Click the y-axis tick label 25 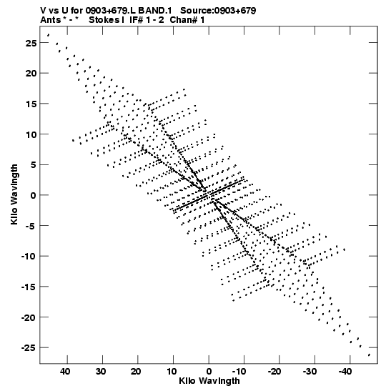pyautogui.click(x=31, y=43)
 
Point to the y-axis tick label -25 pyautogui.click(x=29, y=348)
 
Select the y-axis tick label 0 pyautogui.click(x=34, y=196)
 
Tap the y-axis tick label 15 pyautogui.click(x=31, y=104)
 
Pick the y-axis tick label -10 pyautogui.click(x=29, y=257)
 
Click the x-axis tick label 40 pyautogui.click(x=65, y=372)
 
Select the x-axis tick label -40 pyautogui.click(x=345, y=372)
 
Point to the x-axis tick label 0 pyautogui.click(x=209, y=372)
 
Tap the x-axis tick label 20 pyautogui.click(x=136, y=372)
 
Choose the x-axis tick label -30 pyautogui.click(x=310, y=372)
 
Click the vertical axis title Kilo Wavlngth pyautogui.click(x=14, y=194)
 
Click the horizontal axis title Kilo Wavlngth pyautogui.click(x=209, y=381)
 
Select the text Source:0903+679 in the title pyautogui.click(x=218, y=11)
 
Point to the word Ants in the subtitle pyautogui.click(x=51, y=20)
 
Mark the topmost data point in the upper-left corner pyautogui.click(x=49, y=35)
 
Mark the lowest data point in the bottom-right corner pyautogui.click(x=369, y=355)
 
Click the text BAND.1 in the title pyautogui.click(x=155, y=11)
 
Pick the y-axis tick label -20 pyautogui.click(x=29, y=317)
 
